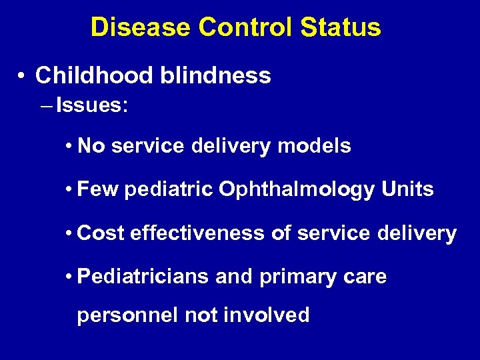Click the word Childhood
tap(94, 75)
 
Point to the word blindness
tap(215, 75)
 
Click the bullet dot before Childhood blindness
tap(23, 76)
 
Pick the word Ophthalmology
tap(297, 190)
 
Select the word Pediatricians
tap(143, 276)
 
